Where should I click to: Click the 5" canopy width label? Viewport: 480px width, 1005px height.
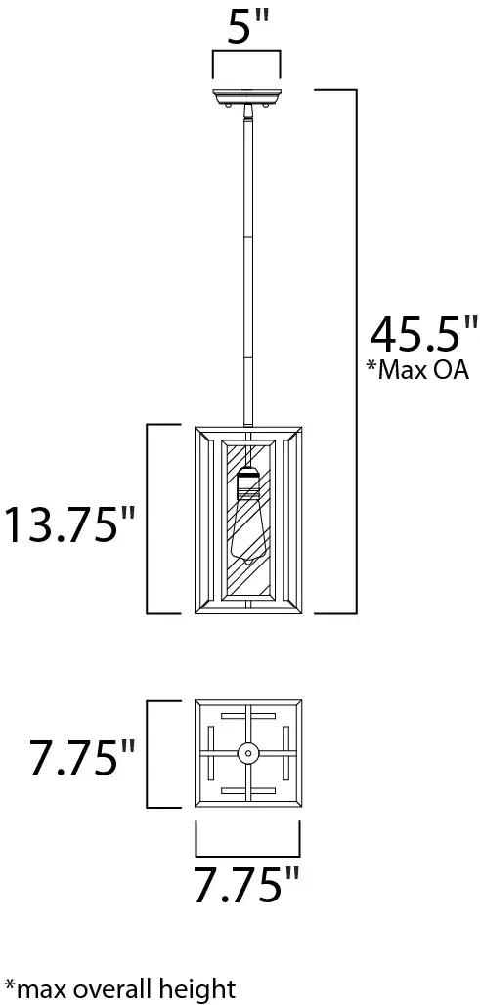246,29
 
